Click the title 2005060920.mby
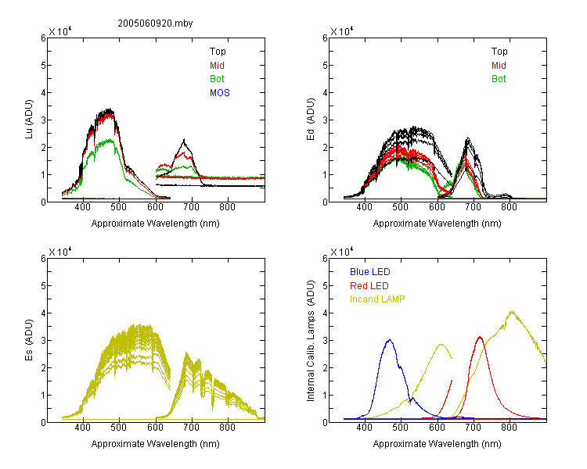[x=155, y=23]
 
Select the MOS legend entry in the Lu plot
[x=220, y=93]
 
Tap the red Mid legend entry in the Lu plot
[x=217, y=66]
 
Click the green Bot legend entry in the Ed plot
[x=499, y=79]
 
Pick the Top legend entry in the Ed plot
[x=499, y=52]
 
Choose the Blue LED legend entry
[x=370, y=272]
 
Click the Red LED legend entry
[x=369, y=286]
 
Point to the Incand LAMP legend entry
[x=377, y=299]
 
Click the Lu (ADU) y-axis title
[x=29, y=119]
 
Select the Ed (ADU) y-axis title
[x=311, y=120]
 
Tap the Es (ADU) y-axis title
[x=29, y=339]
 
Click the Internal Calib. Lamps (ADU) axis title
[x=311, y=341]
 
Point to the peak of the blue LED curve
[x=390, y=340]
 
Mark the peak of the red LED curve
[x=480, y=337]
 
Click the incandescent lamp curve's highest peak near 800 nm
[x=511, y=311]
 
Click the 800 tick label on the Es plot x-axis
[x=227, y=428]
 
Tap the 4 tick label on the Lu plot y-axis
[x=43, y=93]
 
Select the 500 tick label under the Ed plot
[x=401, y=207]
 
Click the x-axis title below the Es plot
[x=156, y=444]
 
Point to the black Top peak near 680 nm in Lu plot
[x=184, y=140]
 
